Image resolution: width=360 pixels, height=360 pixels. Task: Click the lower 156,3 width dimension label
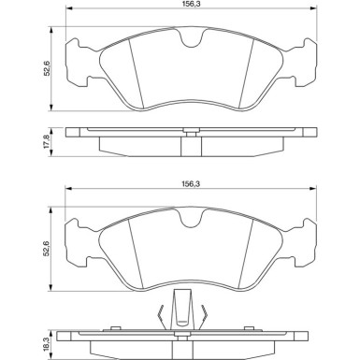[x=191, y=184]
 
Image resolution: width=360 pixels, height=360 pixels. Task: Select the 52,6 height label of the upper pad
[x=47, y=68]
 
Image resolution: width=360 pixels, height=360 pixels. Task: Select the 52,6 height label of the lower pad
[x=47, y=249]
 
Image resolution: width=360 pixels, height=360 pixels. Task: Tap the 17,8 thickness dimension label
[x=47, y=141]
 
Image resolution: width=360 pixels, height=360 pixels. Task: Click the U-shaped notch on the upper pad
[x=191, y=39]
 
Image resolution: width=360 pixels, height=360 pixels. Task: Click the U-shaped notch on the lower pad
[x=191, y=219]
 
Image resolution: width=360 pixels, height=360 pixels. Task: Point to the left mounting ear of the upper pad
[x=80, y=63]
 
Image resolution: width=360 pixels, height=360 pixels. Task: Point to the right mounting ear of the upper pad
[x=301, y=63]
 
